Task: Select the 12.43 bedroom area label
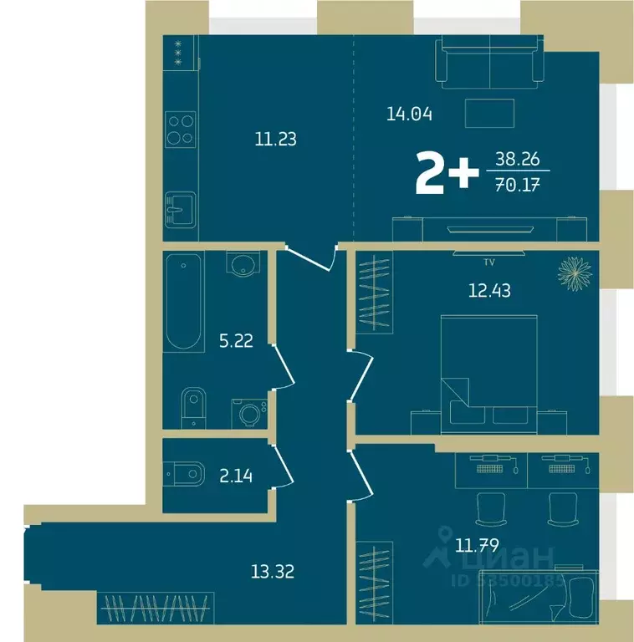[489, 291]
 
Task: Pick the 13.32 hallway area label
[273, 572]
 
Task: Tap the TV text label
[489, 262]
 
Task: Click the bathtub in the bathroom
[183, 302]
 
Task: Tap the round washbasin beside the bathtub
[243, 267]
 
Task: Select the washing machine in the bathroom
[249, 412]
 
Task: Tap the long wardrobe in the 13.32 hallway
[156, 604]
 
